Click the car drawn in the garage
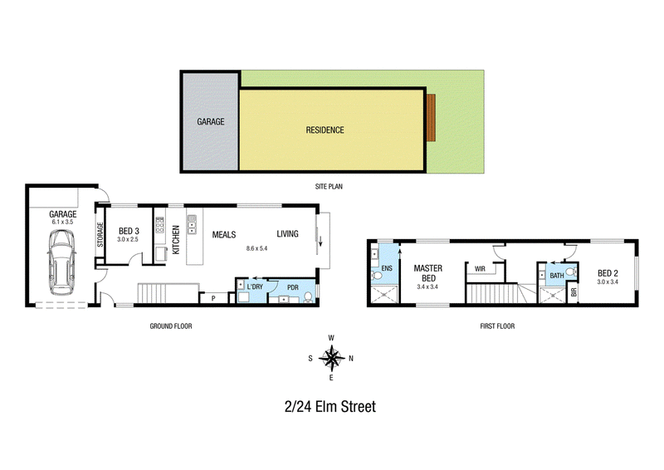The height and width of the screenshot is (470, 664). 61,262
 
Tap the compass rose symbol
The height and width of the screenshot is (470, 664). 331,358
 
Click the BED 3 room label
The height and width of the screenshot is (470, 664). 129,231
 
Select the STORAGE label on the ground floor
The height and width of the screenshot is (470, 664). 100,235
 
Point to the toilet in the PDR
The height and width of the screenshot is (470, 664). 308,296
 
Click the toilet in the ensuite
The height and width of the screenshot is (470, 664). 377,276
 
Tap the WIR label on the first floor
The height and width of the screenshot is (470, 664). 480,269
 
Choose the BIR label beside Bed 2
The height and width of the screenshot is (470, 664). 574,292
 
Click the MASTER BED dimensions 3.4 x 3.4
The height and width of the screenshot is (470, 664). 427,287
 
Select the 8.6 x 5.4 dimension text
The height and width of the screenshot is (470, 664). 256,248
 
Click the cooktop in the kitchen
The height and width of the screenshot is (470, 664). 159,225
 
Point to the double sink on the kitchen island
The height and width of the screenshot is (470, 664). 192,224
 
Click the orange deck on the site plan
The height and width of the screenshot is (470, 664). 431,118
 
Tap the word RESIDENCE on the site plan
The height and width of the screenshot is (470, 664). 325,130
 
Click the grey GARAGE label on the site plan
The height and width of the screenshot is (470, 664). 211,121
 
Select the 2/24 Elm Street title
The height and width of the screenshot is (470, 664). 330,406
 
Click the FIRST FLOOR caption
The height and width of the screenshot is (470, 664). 497,326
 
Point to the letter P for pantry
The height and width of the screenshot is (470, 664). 213,298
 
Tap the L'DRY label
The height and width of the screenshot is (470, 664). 255,287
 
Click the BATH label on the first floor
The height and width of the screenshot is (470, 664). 556,276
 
